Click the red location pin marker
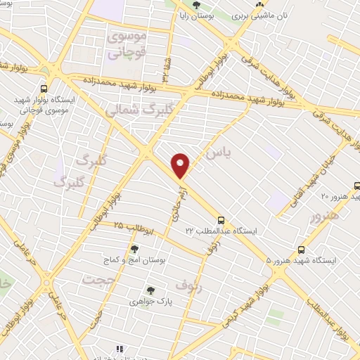[x=181, y=166]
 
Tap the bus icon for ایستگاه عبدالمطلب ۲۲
[x=221, y=220]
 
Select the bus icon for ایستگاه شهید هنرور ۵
[x=302, y=250]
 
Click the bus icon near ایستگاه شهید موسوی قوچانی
[x=44, y=89]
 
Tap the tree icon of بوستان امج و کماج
[x=134, y=249]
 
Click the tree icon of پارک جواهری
[x=150, y=290]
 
